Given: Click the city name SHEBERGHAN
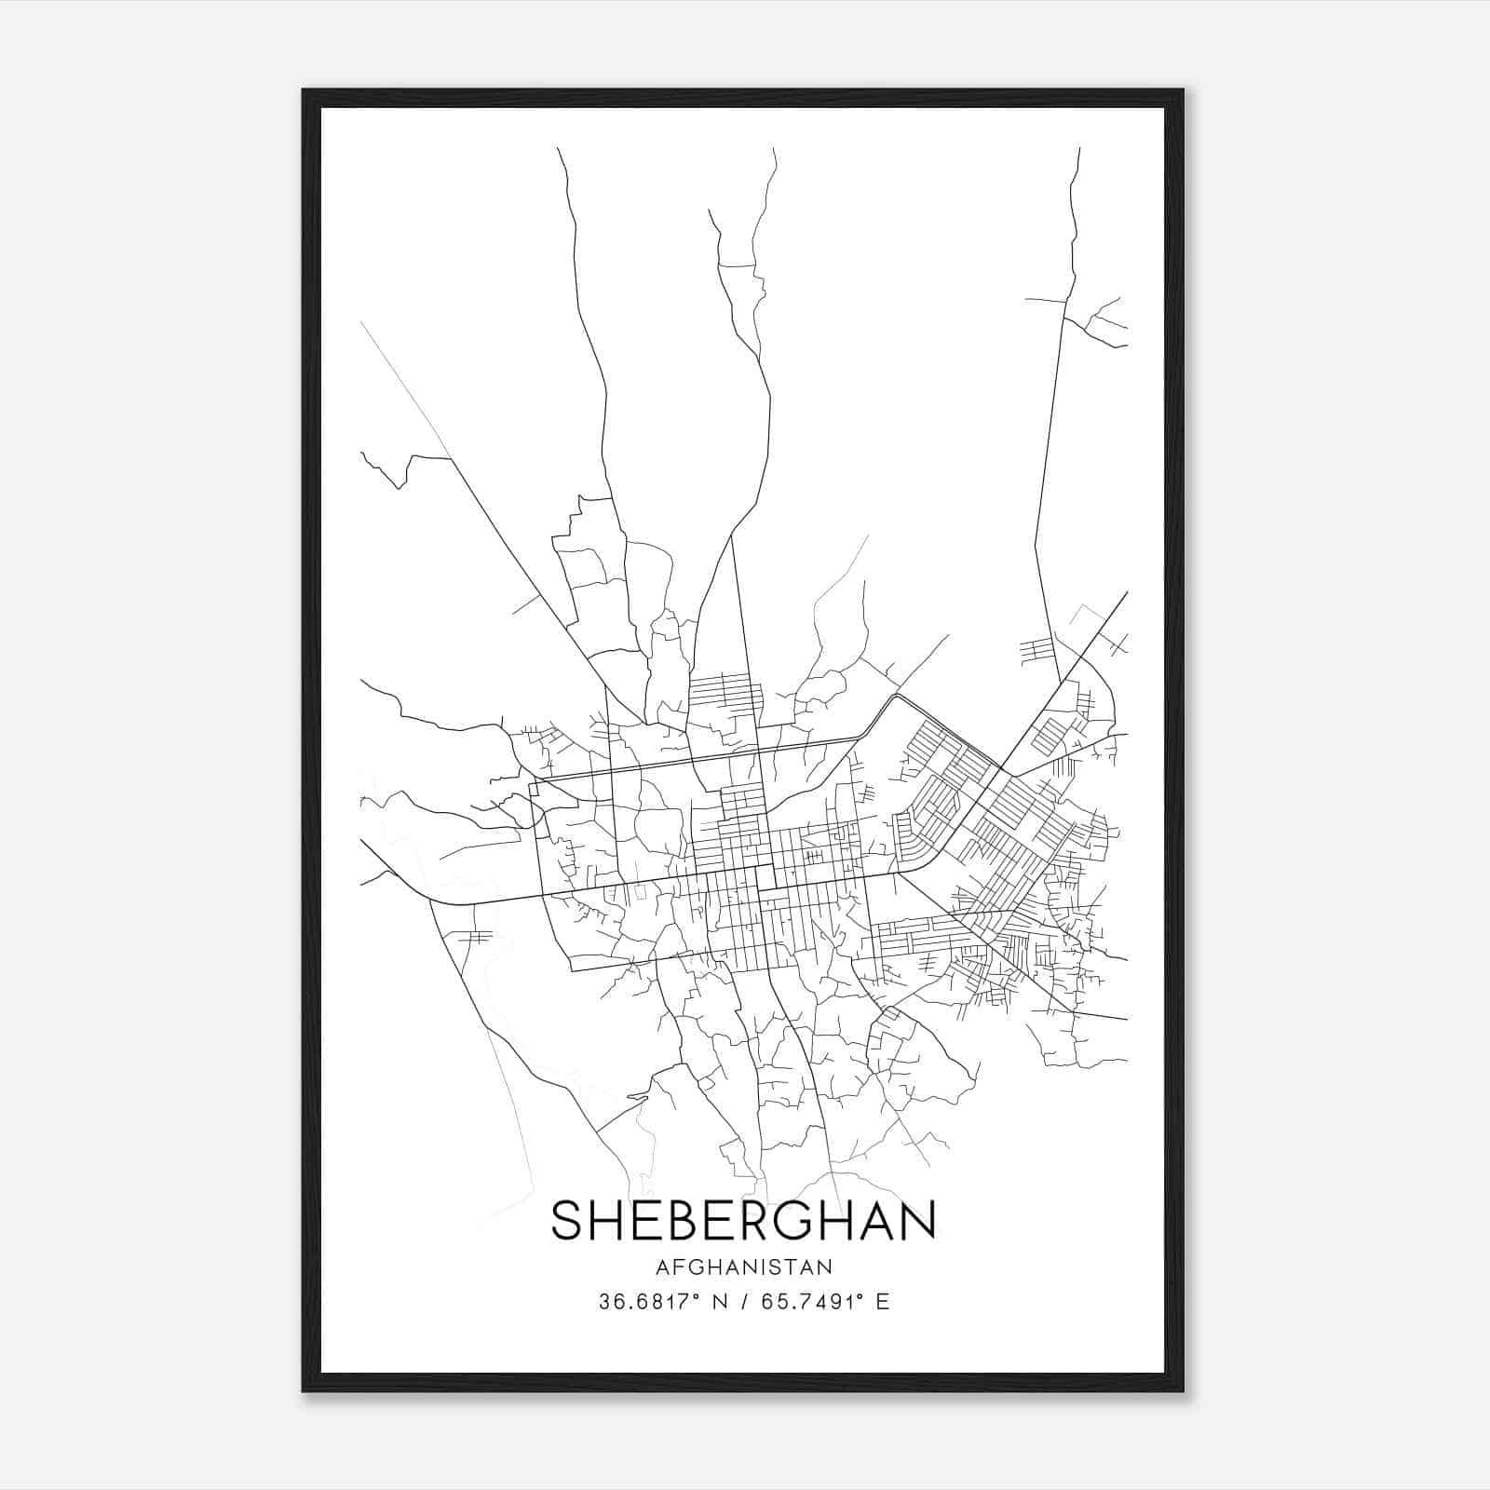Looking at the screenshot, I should click(x=743, y=1221).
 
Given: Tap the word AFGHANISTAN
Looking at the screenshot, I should click(x=743, y=1267).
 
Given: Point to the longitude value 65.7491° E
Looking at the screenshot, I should click(x=824, y=1302).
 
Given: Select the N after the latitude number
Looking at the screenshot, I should click(x=717, y=1302).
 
